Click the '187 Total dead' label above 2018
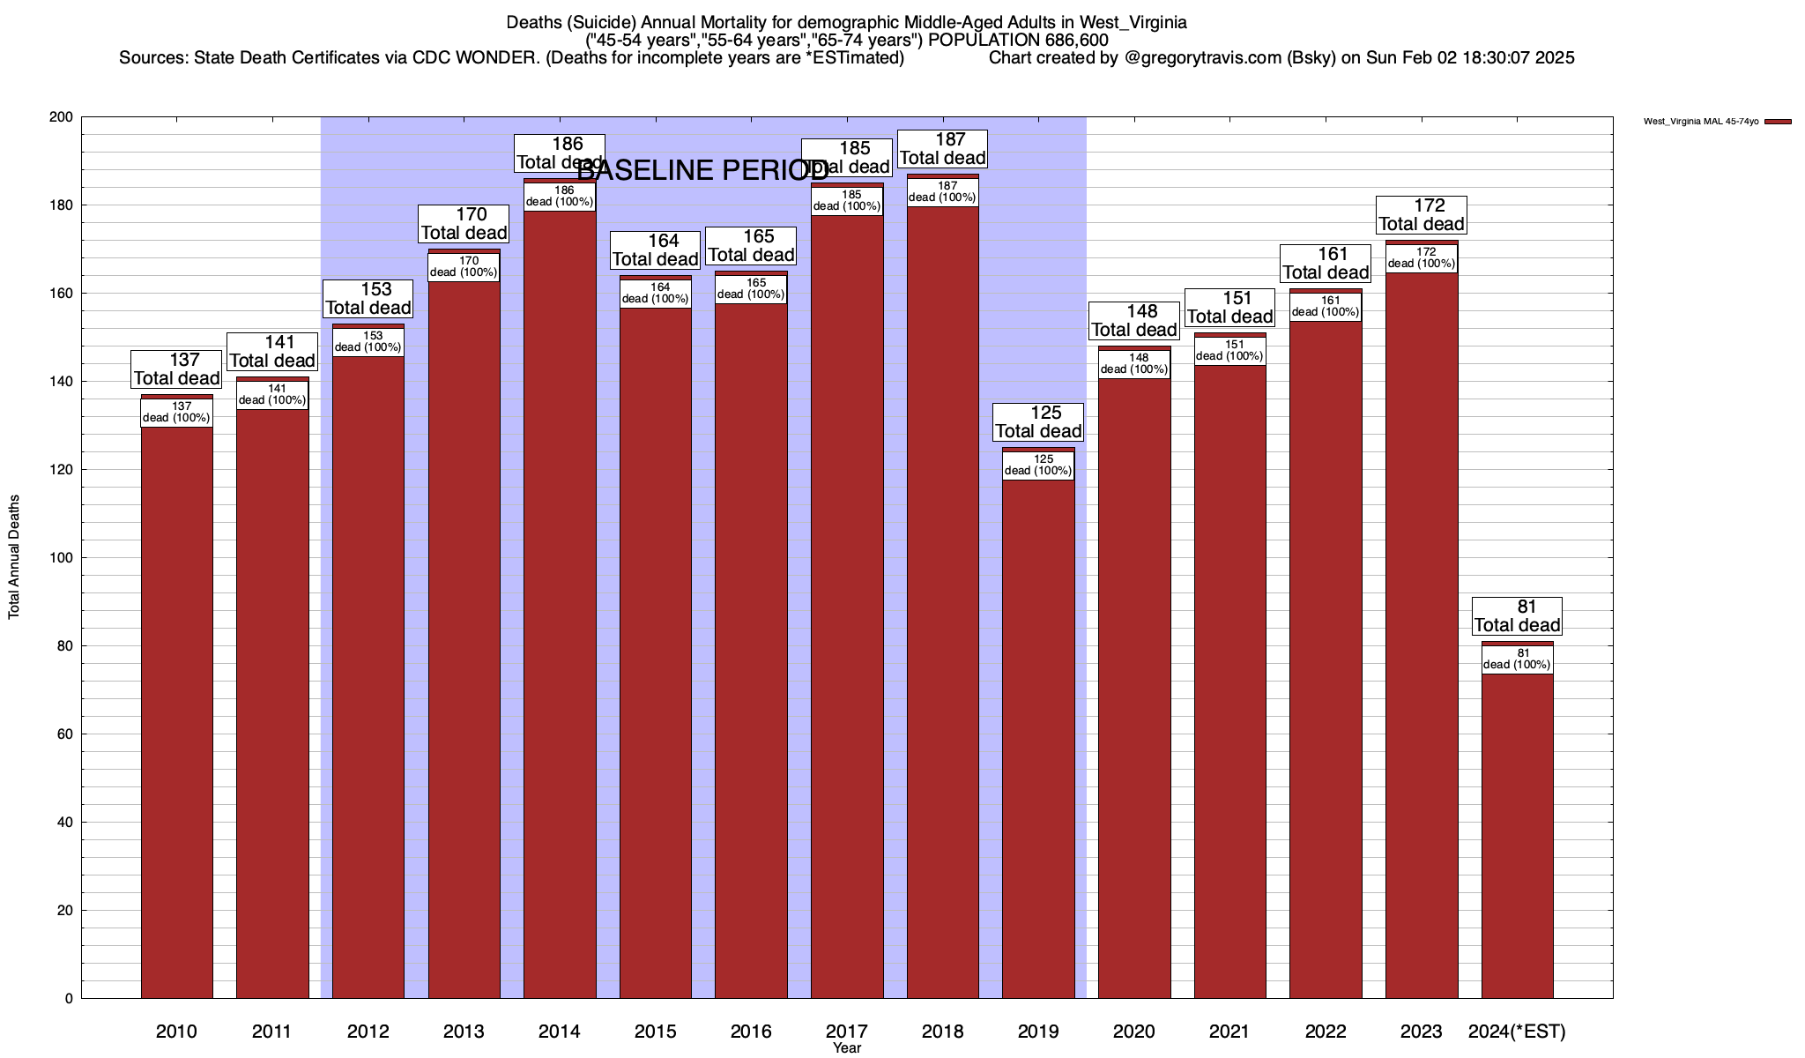[942, 149]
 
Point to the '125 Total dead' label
[1038, 422]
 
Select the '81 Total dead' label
[1518, 616]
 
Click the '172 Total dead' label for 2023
[1422, 215]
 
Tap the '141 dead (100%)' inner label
[272, 394]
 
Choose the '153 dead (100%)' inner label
[368, 341]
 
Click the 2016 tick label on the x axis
[751, 1032]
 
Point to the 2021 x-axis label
[1229, 1032]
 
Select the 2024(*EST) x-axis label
[1517, 1032]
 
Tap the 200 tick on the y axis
[62, 117]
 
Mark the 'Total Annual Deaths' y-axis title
[14, 557]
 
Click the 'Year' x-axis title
[847, 1048]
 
